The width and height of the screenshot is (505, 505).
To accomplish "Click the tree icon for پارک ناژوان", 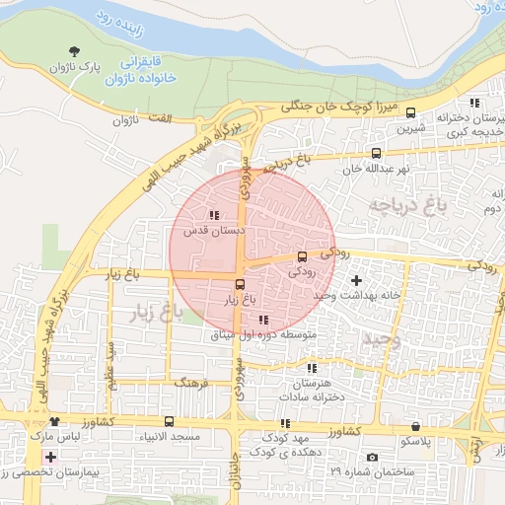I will [76, 51].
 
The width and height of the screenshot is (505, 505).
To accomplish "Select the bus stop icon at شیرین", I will [411, 112].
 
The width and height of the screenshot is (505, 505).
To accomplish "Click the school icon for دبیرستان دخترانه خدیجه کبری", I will [474, 102].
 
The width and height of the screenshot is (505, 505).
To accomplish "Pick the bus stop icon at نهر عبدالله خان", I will [376, 153].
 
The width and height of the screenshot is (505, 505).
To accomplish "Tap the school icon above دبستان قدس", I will [214, 214].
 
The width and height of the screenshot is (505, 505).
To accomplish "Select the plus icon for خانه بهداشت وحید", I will [356, 281].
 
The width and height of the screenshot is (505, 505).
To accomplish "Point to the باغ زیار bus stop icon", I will [241, 284].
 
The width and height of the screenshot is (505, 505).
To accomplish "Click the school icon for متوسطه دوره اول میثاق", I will [262, 320].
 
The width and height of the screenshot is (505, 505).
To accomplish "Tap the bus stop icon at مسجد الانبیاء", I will [169, 421].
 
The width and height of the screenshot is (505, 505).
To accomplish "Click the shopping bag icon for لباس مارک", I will [54, 421].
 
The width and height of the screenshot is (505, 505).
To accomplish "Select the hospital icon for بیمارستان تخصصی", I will [50, 457].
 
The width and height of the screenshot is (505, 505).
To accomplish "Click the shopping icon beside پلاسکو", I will [415, 426].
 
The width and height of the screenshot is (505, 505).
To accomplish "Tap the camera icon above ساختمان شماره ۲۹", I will [372, 457].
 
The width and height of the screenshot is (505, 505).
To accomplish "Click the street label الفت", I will [158, 118].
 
